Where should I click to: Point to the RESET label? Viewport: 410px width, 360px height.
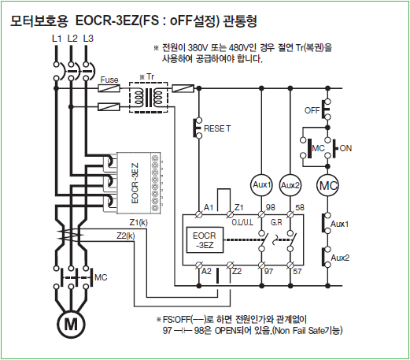(x=217, y=128)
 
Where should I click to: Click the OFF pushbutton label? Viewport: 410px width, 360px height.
(x=312, y=110)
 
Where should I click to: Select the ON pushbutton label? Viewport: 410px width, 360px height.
(x=345, y=148)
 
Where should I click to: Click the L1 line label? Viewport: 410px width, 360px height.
(x=57, y=39)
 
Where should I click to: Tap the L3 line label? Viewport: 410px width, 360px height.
(x=88, y=39)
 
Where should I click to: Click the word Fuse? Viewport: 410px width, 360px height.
(x=109, y=80)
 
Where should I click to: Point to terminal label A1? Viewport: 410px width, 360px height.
(x=209, y=207)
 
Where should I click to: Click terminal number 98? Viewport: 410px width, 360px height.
(x=271, y=207)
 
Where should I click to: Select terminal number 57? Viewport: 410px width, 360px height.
(x=297, y=271)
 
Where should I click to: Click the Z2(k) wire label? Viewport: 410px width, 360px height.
(x=126, y=236)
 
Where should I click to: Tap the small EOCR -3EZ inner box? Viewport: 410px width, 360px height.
(x=205, y=240)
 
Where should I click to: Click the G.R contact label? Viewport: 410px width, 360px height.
(x=276, y=223)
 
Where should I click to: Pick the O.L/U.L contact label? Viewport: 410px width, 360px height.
(x=242, y=223)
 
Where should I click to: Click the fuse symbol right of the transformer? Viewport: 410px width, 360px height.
(x=183, y=88)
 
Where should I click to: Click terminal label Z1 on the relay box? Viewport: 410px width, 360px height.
(x=238, y=207)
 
